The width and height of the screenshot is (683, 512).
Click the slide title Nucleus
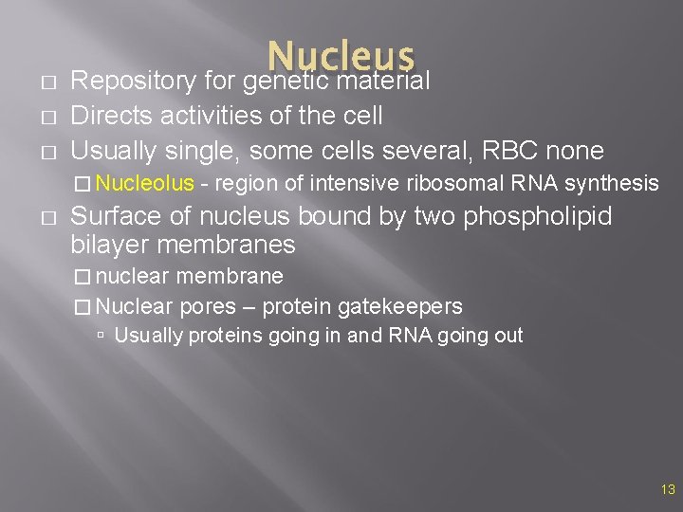[x=341, y=57]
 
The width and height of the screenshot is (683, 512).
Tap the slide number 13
[x=668, y=489]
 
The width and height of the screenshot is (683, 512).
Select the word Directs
[x=108, y=116]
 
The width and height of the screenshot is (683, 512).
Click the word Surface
[x=113, y=217]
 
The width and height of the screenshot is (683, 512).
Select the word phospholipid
[x=538, y=217]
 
